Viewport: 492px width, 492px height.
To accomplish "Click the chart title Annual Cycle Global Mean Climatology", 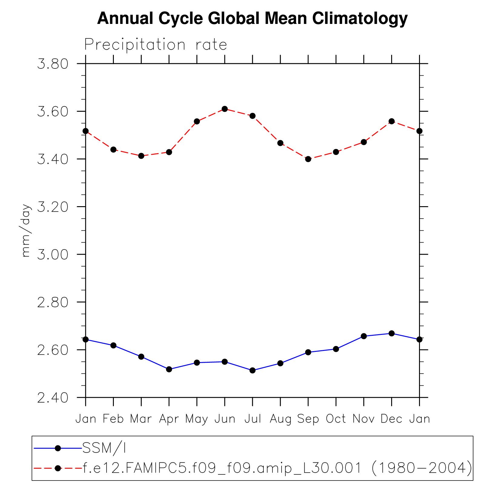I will click(252, 19).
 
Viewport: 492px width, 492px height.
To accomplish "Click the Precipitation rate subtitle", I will click(155, 45).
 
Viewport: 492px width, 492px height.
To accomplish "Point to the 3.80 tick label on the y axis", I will click(53, 64).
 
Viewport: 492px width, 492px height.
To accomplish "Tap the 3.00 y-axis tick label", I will click(53, 255).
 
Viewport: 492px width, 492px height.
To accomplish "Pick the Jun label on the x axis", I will click(225, 419).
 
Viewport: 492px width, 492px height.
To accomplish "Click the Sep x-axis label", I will click(308, 419).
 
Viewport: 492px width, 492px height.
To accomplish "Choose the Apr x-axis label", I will click(169, 419).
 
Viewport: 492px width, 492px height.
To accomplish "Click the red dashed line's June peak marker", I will click(225, 109).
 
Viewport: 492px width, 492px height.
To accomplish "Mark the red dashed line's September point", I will click(308, 159).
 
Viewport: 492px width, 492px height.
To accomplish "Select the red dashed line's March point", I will click(141, 156).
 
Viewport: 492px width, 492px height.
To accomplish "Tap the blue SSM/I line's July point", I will click(253, 370).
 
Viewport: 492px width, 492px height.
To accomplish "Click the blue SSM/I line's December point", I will click(391, 333).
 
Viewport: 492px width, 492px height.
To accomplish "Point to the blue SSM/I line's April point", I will click(169, 369).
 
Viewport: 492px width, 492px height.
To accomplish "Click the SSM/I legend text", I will click(104, 448).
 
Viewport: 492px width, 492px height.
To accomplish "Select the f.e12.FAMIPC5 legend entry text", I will click(277, 468).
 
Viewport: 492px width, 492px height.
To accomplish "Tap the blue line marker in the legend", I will click(58, 448).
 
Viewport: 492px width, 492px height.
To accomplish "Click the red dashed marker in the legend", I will click(58, 468).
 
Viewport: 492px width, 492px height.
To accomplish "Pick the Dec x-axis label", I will click(391, 419).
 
